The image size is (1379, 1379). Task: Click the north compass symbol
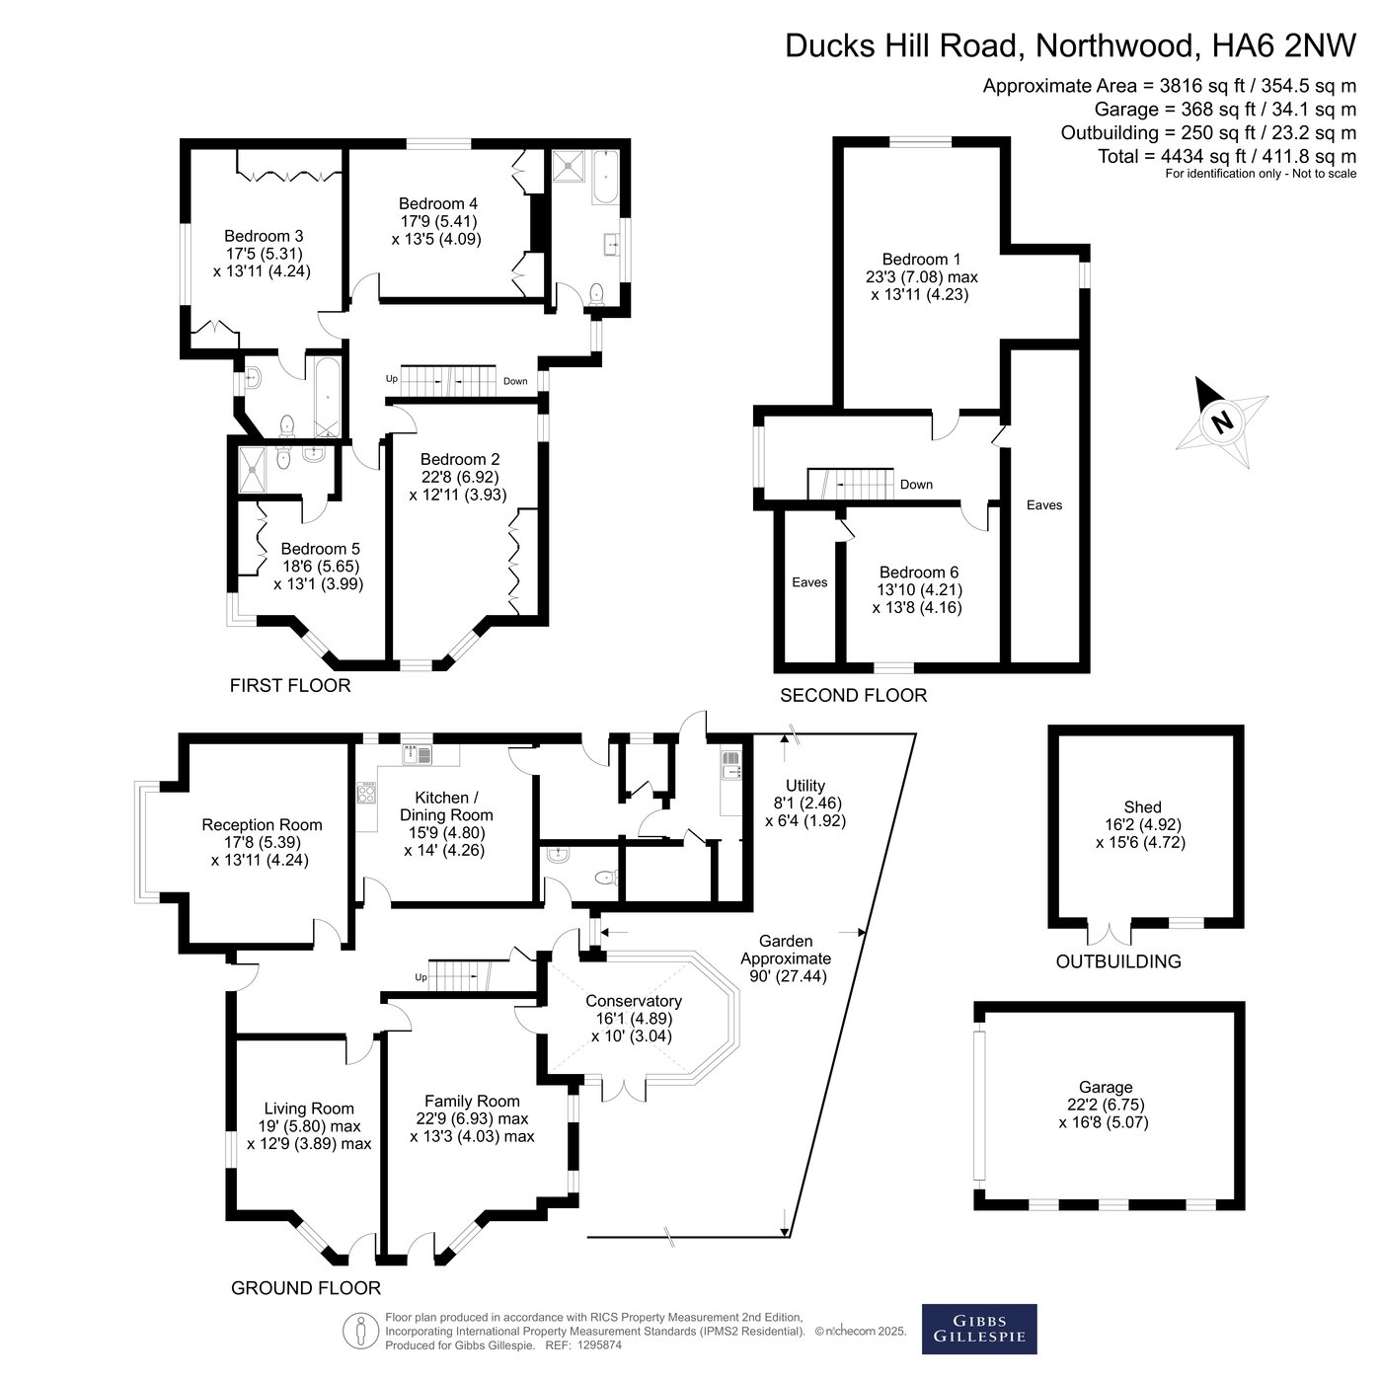click(1222, 421)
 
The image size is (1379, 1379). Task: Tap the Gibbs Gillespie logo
click(978, 1329)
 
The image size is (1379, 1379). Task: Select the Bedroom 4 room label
click(437, 222)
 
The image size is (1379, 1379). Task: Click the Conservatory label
click(633, 1019)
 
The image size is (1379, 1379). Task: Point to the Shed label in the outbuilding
click(1141, 825)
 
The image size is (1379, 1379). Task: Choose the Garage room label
click(1104, 1105)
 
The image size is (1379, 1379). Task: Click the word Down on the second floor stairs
click(916, 485)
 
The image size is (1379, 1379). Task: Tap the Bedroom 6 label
click(918, 589)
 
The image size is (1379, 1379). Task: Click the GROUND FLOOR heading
click(306, 1287)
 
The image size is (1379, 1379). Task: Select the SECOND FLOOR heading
click(853, 695)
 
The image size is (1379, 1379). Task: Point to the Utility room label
click(805, 803)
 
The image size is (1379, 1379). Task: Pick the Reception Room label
click(262, 842)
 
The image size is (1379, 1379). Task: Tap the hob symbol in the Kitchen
click(365, 793)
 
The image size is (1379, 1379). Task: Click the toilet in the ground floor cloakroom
click(606, 877)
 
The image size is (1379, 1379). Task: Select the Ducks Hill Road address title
click(1071, 45)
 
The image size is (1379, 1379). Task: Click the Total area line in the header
click(1227, 156)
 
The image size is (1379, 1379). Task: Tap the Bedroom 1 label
click(921, 276)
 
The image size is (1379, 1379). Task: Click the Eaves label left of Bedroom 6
click(809, 582)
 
